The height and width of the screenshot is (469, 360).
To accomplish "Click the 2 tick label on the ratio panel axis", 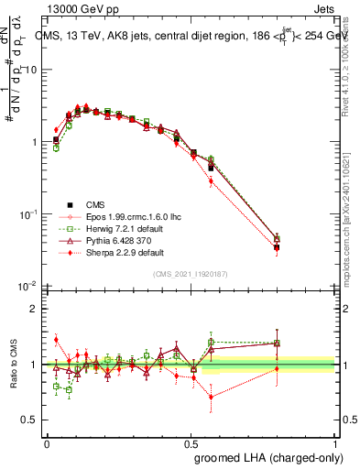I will click(x=35, y=309).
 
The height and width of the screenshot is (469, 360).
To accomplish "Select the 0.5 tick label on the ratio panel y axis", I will click(x=31, y=420).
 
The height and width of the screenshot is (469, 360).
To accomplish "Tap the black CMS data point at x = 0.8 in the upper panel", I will click(x=277, y=247).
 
